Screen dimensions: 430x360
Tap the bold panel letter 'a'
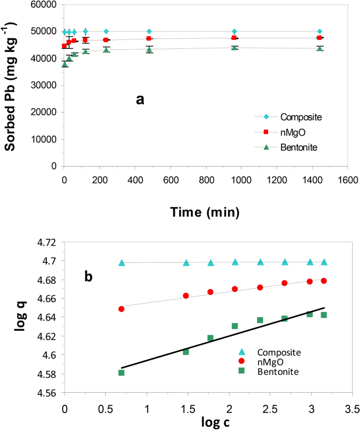140,99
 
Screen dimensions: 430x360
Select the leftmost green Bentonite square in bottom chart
121,373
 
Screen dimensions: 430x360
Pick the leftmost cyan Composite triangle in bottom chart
121,263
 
